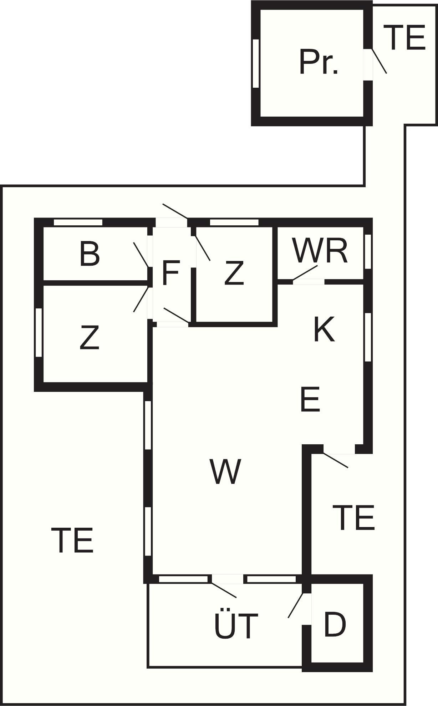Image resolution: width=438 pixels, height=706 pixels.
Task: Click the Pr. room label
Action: [x=319, y=62]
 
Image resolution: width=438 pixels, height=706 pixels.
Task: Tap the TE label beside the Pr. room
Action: [x=407, y=37]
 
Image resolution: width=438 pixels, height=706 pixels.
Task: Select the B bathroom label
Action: [x=90, y=254]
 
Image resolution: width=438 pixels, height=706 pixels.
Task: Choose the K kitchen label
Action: [x=324, y=329]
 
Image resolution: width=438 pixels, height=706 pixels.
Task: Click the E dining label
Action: [x=310, y=400]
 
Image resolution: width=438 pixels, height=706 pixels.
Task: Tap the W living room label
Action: [x=225, y=471]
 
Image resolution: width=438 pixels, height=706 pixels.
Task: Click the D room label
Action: [x=335, y=624]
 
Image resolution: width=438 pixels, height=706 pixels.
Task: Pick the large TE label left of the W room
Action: [x=72, y=540]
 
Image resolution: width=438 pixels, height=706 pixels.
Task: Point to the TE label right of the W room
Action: [x=353, y=517]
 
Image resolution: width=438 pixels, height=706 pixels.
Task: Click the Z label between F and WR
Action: [x=234, y=273]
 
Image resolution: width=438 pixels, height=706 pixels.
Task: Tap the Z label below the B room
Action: [x=90, y=337]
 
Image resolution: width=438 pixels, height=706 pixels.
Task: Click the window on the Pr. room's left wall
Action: [x=255, y=63]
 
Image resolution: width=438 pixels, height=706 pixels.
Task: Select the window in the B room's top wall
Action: [x=78, y=222]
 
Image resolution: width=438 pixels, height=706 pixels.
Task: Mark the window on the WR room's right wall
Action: [x=368, y=251]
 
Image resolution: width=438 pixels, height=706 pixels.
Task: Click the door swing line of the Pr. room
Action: [x=380, y=61]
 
